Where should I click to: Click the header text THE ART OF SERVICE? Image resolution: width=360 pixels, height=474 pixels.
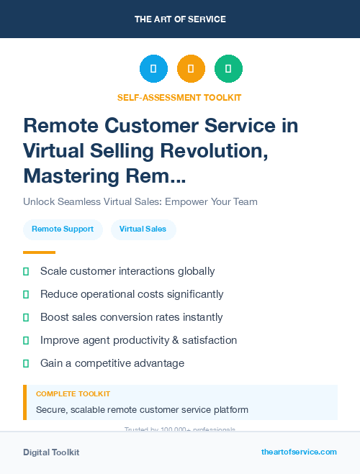pos(180,19)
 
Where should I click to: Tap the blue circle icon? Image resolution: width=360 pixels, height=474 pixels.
pos(153,69)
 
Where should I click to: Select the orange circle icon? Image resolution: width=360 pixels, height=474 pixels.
pos(191,69)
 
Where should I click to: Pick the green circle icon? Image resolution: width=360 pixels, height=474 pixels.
pos(228,69)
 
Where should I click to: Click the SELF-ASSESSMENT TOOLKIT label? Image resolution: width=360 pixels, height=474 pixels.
pos(179,97)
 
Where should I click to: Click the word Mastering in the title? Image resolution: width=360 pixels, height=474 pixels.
pos(68,176)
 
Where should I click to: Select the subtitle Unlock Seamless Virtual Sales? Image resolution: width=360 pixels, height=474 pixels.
pos(140,201)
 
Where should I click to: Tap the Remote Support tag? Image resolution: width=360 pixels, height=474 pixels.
pos(63,229)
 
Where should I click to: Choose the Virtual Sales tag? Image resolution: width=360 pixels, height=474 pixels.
pos(143,229)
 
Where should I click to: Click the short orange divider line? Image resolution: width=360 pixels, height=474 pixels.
pos(39,252)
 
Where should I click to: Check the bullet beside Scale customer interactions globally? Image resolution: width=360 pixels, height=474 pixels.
pos(26,271)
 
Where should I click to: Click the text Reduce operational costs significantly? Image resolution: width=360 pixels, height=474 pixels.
pos(132,294)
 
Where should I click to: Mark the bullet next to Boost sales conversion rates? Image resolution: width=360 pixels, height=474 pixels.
pos(26,317)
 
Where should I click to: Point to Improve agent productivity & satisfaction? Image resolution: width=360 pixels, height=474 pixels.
pos(138,340)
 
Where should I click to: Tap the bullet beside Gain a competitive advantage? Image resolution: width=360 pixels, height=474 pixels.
pos(26,363)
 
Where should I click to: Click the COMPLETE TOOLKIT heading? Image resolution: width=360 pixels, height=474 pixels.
pos(73,394)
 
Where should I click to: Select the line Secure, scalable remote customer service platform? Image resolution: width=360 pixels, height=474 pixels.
pos(142,410)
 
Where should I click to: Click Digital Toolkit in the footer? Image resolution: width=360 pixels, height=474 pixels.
pos(51,452)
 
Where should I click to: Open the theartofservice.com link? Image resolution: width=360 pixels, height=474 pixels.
pos(299,452)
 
